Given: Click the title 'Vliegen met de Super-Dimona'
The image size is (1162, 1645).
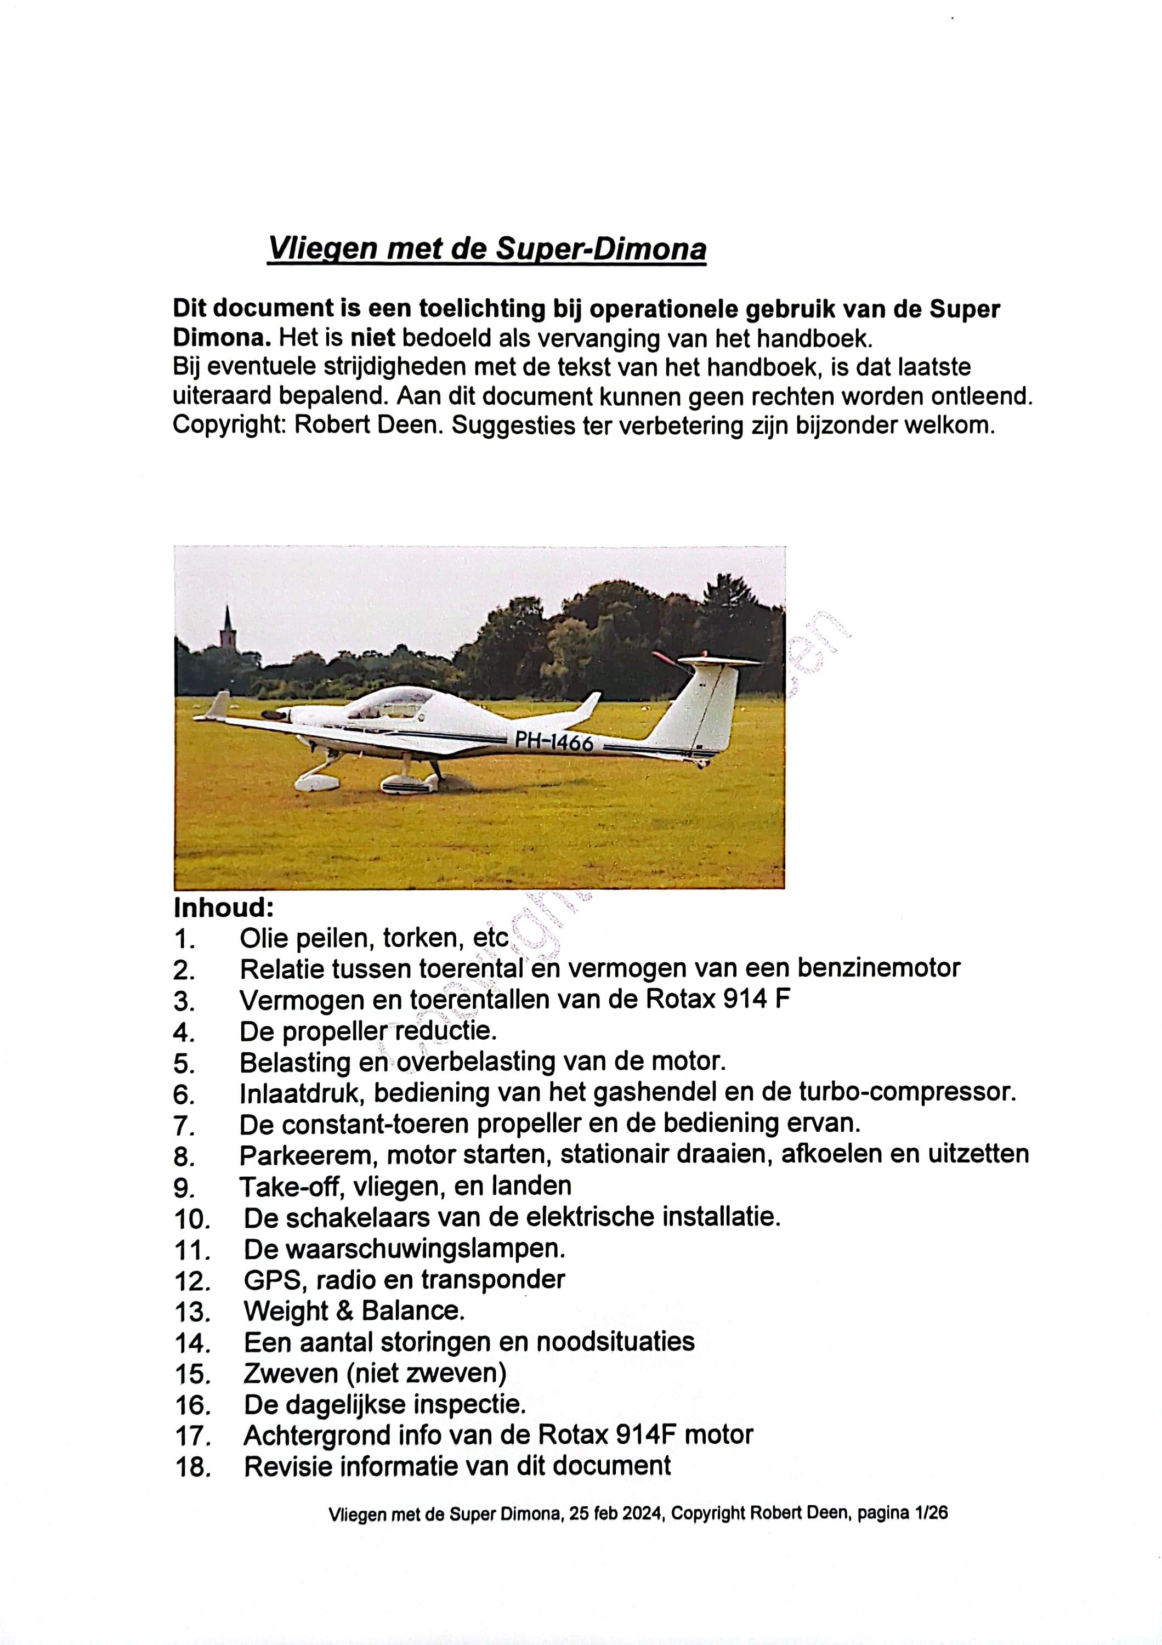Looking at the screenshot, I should pyautogui.click(x=486, y=248).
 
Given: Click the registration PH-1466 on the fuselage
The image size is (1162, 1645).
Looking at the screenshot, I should pyautogui.click(x=554, y=741).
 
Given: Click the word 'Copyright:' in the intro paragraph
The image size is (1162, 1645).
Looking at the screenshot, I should pyautogui.click(x=229, y=425).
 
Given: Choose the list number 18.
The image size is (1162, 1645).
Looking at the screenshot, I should pyautogui.click(x=192, y=1467).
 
